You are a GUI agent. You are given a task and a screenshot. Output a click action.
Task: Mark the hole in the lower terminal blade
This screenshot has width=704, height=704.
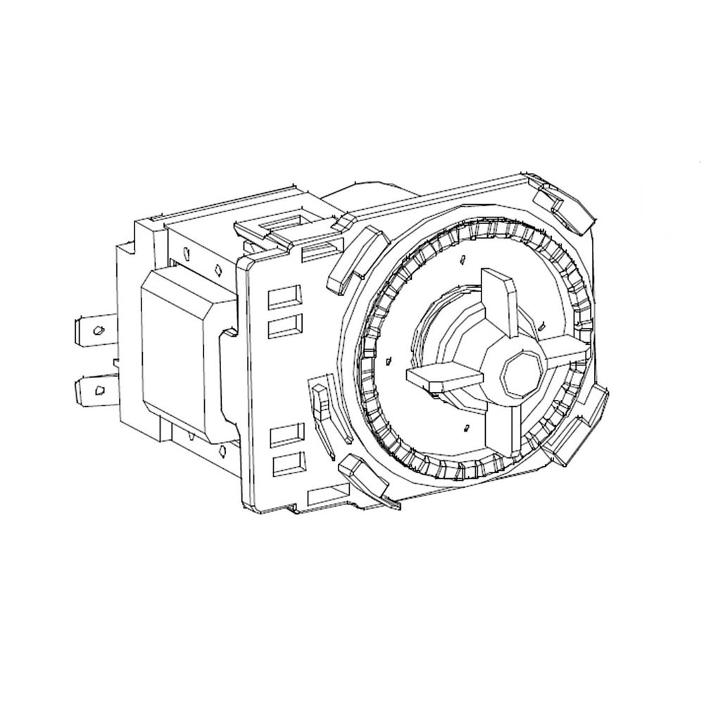pyautogui.click(x=100, y=390)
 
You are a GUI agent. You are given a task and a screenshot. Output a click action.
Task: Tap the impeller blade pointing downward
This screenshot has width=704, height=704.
pyautogui.click(x=503, y=427)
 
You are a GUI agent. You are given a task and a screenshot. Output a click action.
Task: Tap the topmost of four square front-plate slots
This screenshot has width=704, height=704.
pyautogui.click(x=285, y=298)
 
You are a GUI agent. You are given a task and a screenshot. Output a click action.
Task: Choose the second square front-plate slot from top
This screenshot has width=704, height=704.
pyautogui.click(x=285, y=327)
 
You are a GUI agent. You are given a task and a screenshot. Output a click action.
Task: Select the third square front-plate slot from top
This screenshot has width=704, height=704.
pyautogui.click(x=287, y=435)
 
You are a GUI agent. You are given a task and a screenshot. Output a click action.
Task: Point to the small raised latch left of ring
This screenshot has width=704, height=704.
pyautogui.click(x=320, y=400)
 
